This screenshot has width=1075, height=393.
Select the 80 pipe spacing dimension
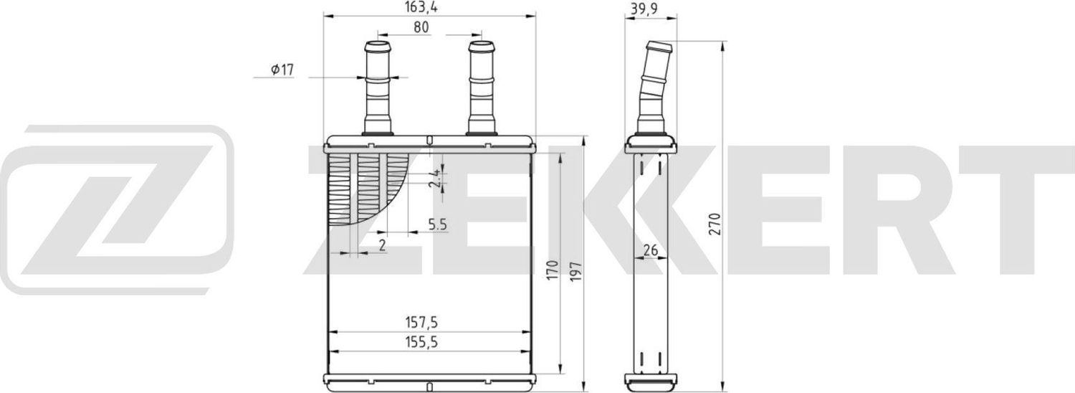(x=421, y=28)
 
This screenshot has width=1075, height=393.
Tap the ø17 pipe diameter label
(x=282, y=70)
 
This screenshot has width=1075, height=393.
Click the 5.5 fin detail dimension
(x=438, y=225)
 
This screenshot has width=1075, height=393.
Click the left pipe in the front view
(x=378, y=86)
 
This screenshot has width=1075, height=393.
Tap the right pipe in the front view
(x=482, y=86)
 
